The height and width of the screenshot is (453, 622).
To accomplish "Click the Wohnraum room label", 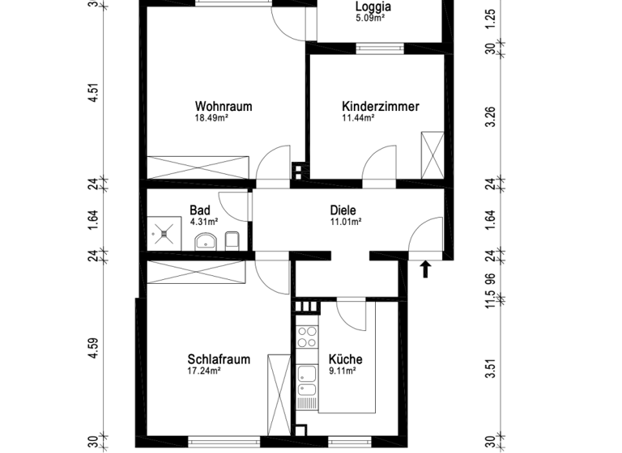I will pyautogui.click(x=224, y=106).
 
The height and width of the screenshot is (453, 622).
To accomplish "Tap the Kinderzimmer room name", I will pyautogui.click(x=381, y=106).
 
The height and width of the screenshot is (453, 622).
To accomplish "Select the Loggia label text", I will pyautogui.click(x=374, y=9).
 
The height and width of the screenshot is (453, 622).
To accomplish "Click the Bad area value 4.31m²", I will pyautogui.click(x=204, y=221).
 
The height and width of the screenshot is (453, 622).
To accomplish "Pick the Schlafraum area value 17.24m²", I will pyautogui.click(x=204, y=371).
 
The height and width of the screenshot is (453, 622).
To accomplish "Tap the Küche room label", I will pyautogui.click(x=345, y=360).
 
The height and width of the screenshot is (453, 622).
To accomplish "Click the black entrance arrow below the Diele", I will pyautogui.click(x=426, y=269).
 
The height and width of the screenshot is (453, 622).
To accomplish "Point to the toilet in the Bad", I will pyautogui.click(x=232, y=239).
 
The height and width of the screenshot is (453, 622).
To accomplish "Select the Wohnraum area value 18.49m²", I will pyautogui.click(x=211, y=118).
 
